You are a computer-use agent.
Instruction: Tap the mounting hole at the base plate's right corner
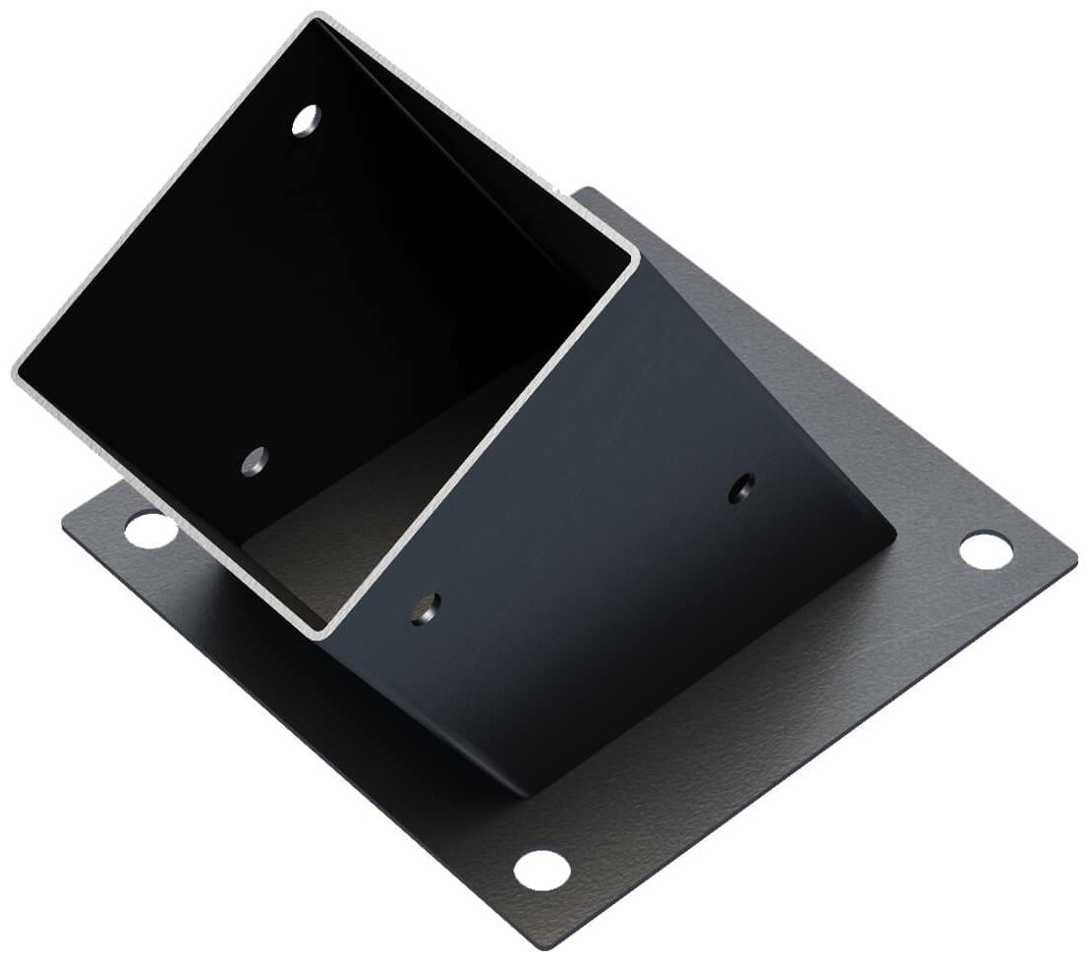(x=986, y=550)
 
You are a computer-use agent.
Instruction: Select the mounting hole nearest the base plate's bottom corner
(x=542, y=870)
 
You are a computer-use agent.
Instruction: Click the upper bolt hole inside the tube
(x=306, y=120)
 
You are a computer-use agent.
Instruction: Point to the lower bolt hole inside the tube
(x=256, y=460)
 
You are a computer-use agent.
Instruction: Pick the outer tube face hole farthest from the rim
(x=741, y=487)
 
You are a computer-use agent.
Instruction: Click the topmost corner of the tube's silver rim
(x=316, y=16)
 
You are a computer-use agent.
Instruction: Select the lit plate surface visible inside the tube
(x=324, y=550)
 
